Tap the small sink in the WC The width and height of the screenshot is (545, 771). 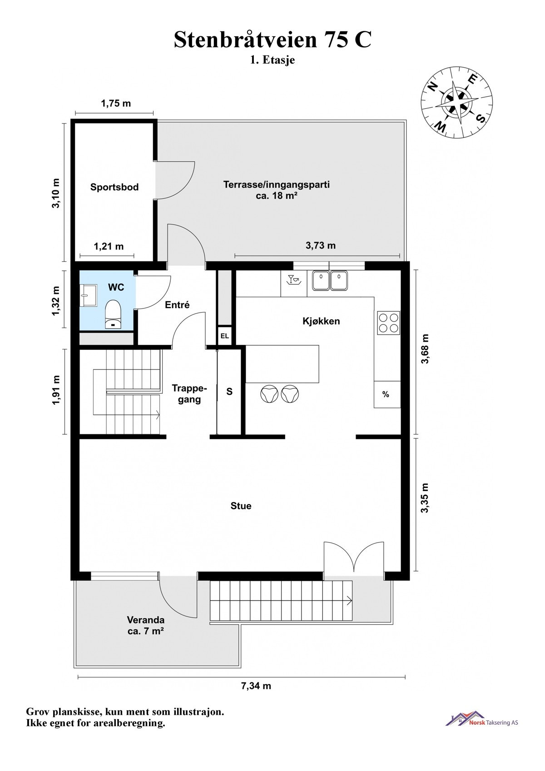[x=89, y=295]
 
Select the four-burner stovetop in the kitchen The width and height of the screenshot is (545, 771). [x=388, y=323]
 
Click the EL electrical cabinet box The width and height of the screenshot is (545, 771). [x=225, y=336]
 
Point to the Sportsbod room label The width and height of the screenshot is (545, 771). [x=114, y=187]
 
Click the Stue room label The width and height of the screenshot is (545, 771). [x=241, y=506]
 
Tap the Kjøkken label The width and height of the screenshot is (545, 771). [x=321, y=321]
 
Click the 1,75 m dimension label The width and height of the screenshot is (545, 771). [x=116, y=103]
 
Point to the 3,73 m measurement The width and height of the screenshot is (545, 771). [x=321, y=245]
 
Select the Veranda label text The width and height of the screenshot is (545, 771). [x=145, y=620]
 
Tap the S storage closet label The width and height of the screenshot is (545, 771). [x=229, y=391]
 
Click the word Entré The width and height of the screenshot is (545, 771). [x=177, y=304]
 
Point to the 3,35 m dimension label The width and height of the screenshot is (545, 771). [x=425, y=497]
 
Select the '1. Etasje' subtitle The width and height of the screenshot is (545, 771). [x=272, y=60]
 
